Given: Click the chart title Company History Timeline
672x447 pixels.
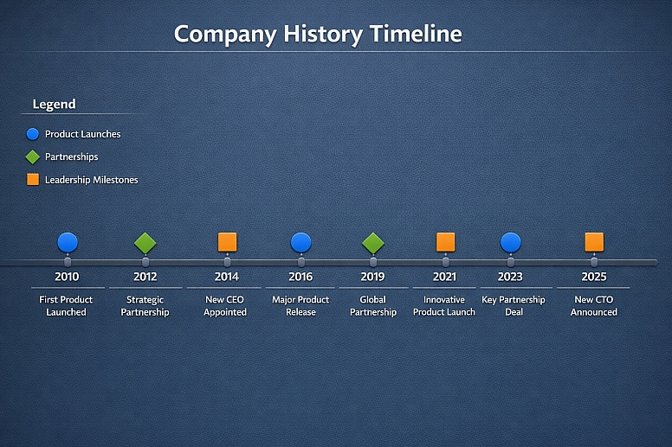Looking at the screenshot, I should click(318, 34).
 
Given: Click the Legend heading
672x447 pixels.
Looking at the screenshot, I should click(54, 105).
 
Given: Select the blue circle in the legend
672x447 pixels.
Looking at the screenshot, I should click(33, 134).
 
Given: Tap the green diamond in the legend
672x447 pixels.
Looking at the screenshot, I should click(33, 157).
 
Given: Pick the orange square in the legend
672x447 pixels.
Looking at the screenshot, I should click(33, 180).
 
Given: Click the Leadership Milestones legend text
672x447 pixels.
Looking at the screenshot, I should click(91, 180).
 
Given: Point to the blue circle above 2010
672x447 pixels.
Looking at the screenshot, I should click(68, 242).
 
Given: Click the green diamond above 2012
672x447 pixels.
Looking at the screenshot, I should click(145, 243).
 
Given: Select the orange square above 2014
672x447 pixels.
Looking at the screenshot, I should click(227, 242).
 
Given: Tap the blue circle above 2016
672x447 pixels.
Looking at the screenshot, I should click(300, 242).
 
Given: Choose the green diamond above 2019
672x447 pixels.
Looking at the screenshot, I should click(373, 243).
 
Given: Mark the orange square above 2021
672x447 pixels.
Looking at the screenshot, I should click(445, 242).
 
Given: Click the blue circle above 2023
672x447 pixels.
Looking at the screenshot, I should click(511, 242).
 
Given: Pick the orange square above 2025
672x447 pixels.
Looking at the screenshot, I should click(594, 242).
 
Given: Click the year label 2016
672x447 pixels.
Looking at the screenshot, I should click(300, 278).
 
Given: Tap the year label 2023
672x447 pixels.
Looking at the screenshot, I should click(510, 278).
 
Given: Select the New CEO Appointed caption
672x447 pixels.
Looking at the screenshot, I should click(226, 306).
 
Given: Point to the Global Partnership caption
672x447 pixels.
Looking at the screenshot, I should click(373, 306).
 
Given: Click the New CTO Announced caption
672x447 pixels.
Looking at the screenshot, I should click(593, 306).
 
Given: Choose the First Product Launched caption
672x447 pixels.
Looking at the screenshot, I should click(67, 306).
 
